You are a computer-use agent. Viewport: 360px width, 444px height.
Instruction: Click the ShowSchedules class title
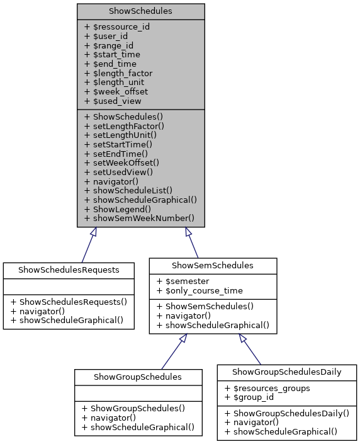click(140, 11)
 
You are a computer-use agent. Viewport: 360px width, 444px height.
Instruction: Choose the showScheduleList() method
click(128, 190)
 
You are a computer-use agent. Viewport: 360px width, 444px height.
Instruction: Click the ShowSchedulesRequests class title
click(69, 270)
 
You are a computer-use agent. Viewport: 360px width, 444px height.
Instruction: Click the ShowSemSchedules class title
click(213, 265)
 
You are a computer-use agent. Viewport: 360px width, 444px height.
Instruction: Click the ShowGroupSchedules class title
click(138, 377)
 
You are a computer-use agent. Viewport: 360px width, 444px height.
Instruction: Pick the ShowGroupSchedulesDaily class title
click(286, 372)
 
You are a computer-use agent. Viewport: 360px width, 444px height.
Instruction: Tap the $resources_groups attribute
click(267, 388)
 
